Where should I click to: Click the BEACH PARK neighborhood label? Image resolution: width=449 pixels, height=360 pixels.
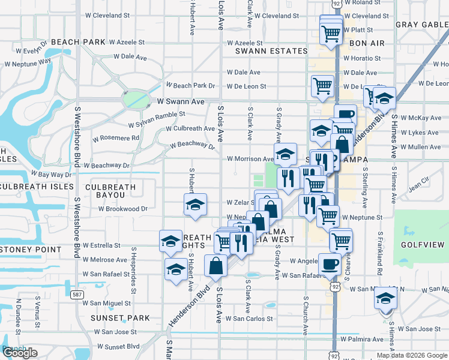coord(78,42)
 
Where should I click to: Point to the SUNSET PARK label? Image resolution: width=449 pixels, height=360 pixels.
coord(120,317)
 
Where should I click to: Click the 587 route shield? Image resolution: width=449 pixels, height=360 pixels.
coord(77,294)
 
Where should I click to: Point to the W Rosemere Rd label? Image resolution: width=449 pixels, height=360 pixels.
coord(116,138)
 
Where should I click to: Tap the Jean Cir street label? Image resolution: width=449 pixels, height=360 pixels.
coord(418,182)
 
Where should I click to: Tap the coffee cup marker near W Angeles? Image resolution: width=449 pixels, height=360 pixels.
coord(330,263)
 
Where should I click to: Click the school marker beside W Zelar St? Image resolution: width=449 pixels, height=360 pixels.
coord(194,205)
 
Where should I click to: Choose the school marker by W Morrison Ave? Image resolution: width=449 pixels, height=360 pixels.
coord(285,154)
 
